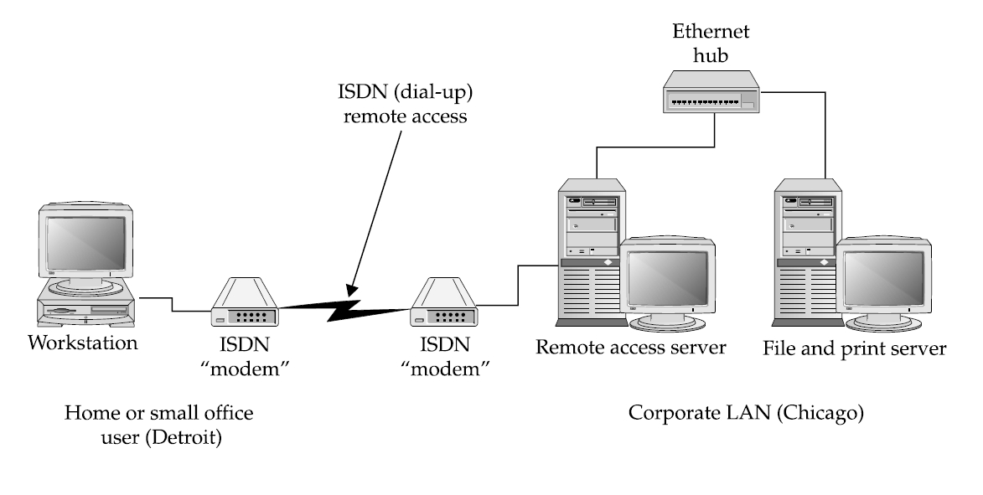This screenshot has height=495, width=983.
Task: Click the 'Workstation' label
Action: click(x=83, y=343)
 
